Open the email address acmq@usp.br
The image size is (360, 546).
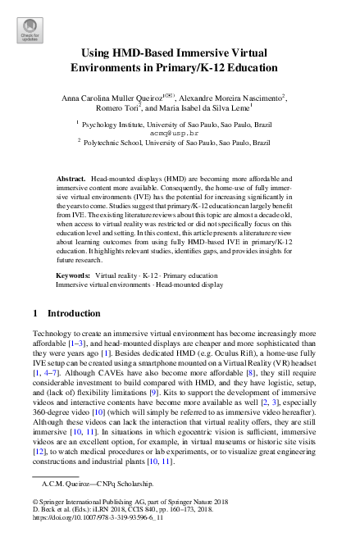coord(175,131)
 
